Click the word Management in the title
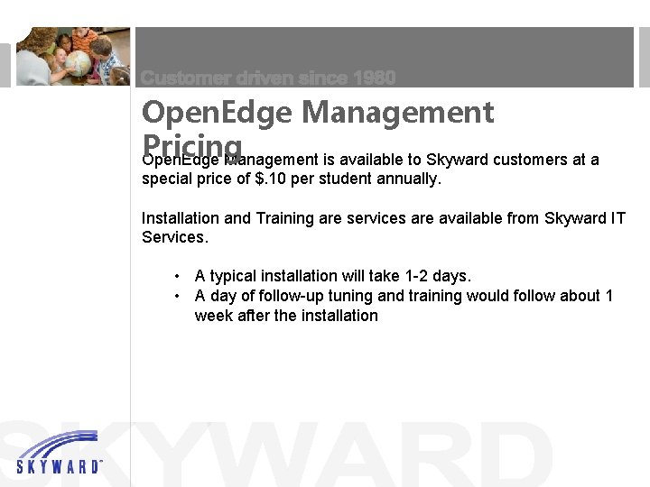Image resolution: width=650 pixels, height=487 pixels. tap(398, 113)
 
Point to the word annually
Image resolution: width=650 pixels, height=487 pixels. tap(406, 179)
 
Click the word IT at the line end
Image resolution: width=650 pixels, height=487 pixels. tap(617, 218)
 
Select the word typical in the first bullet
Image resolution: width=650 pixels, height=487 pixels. tap(236, 276)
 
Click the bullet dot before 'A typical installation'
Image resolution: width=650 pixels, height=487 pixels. tap(181, 276)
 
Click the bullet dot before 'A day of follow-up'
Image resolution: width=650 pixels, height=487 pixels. tap(181, 296)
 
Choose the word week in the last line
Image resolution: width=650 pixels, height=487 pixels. tap(213, 316)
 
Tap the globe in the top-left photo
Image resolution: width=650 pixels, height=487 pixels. tap(77, 63)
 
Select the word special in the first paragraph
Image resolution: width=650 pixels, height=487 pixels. tap(168, 179)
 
